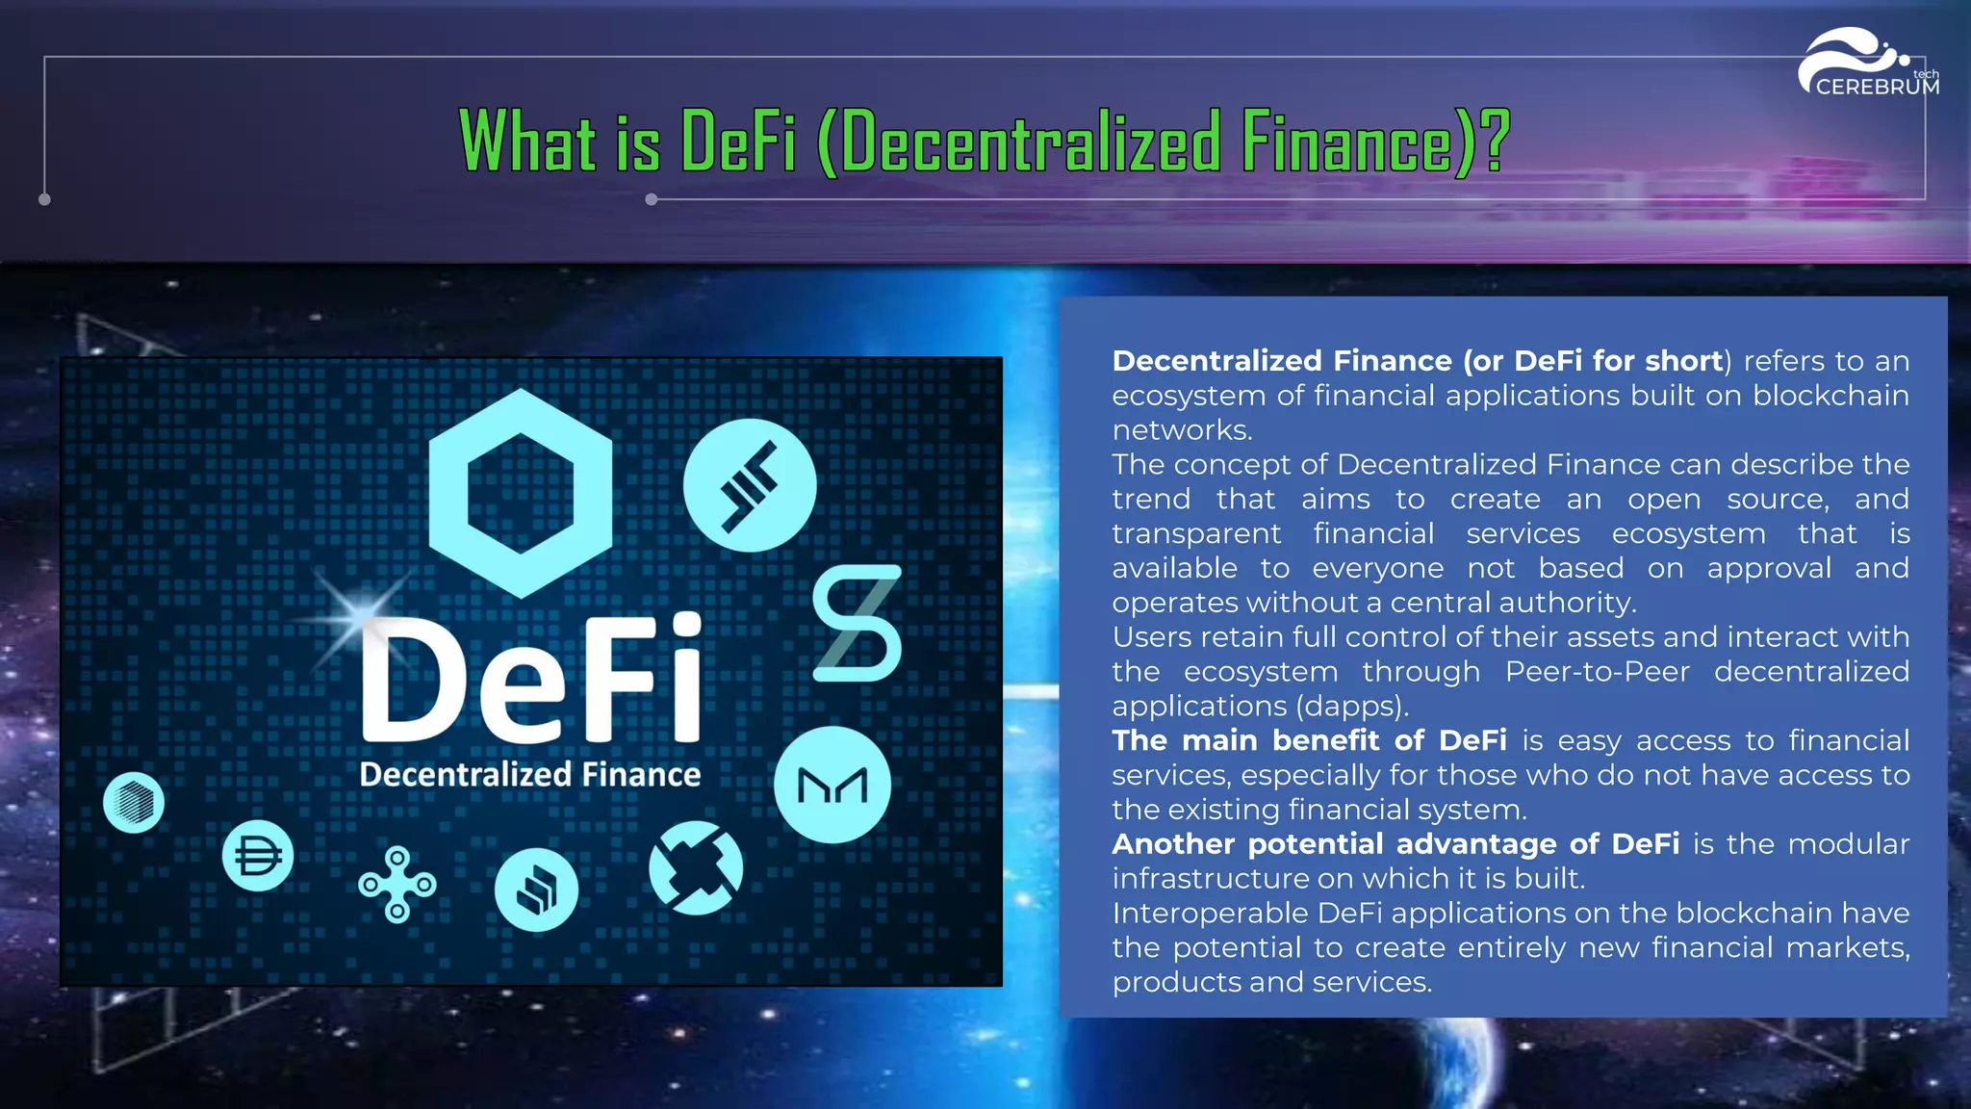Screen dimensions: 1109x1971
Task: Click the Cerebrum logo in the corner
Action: [x=1869, y=64]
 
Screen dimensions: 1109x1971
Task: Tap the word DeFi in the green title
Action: [x=738, y=142]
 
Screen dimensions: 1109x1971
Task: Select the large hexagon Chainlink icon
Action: [x=521, y=493]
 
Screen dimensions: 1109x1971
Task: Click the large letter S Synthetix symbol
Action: [x=857, y=624]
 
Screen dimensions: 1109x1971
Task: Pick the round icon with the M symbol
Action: [x=832, y=786]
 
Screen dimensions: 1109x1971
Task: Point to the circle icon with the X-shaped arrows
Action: [x=696, y=867]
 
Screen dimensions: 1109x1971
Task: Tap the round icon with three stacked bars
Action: [x=536, y=890]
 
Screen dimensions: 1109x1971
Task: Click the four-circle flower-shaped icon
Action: [x=397, y=884]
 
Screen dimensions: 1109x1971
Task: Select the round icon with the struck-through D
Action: [x=258, y=856]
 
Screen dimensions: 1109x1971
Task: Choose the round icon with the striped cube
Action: [x=134, y=802]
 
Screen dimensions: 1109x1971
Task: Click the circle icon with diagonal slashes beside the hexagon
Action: [x=750, y=485]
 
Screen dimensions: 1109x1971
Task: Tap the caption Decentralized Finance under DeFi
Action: [x=530, y=775]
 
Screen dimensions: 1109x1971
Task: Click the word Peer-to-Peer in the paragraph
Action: [x=1597, y=672]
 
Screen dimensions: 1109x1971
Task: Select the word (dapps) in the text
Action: [x=1351, y=707]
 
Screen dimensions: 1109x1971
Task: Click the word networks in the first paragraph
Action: [x=1181, y=430]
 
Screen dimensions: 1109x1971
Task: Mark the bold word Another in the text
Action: [x=1173, y=844]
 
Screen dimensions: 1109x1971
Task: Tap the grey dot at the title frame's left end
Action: [x=44, y=199]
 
